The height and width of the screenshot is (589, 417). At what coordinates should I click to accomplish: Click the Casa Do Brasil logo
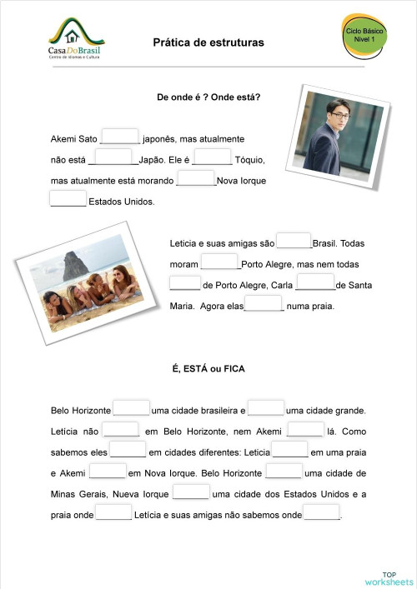coord(76,42)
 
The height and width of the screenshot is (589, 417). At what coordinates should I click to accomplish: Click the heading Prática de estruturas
coord(208,42)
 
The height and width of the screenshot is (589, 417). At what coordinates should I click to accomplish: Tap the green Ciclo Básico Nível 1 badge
coord(365,35)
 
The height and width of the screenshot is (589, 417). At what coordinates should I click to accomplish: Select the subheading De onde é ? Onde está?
coord(208,97)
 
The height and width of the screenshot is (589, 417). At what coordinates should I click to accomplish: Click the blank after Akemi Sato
coord(121,137)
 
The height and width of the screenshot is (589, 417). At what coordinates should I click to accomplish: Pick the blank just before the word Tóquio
coord(213,157)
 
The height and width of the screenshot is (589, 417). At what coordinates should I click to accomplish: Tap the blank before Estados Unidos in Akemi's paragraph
coord(68,199)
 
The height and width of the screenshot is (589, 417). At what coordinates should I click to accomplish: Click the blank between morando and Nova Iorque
coord(197,178)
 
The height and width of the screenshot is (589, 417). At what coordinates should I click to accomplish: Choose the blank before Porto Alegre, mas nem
coord(220,262)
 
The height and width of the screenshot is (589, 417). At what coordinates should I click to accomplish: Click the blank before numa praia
coord(264,304)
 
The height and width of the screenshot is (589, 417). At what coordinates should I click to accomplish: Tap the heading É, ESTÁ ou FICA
coord(208,368)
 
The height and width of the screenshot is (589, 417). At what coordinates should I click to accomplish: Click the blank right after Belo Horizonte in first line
coord(132,408)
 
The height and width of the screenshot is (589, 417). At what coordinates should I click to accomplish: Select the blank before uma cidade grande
coord(266,408)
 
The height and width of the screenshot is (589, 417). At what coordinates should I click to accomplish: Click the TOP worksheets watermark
coord(389,577)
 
